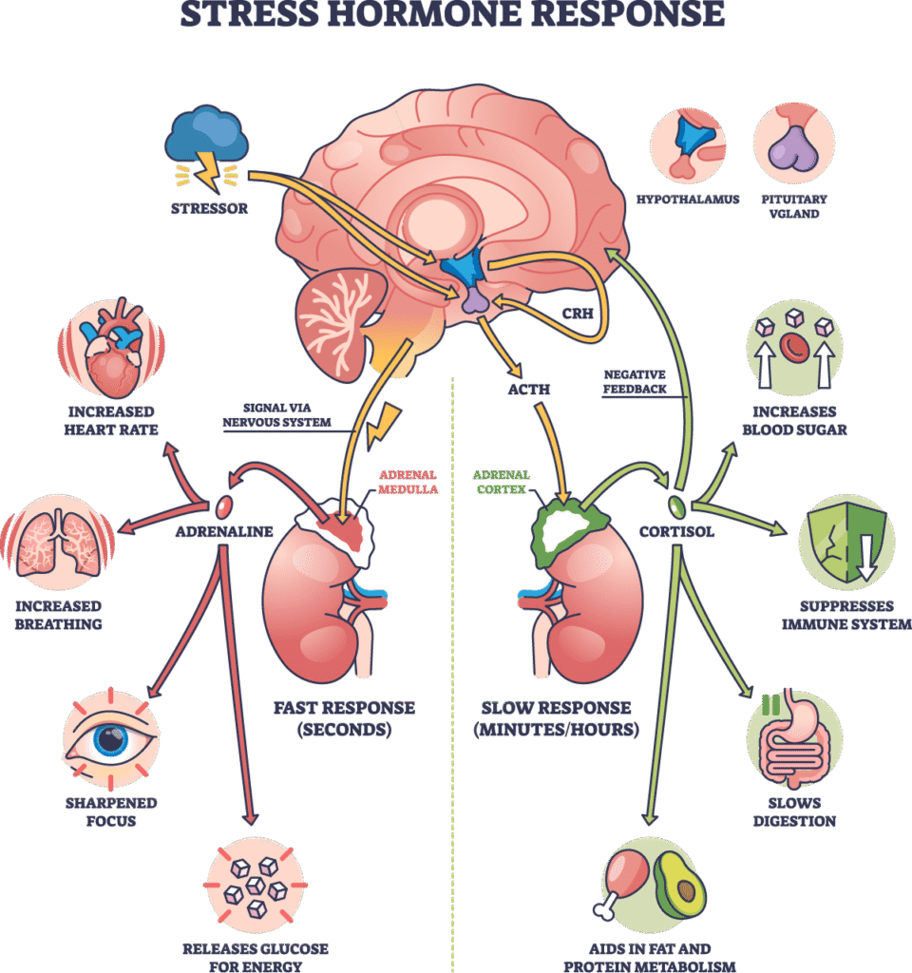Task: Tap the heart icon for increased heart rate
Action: [112, 349]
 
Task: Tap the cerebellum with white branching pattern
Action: [340, 316]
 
